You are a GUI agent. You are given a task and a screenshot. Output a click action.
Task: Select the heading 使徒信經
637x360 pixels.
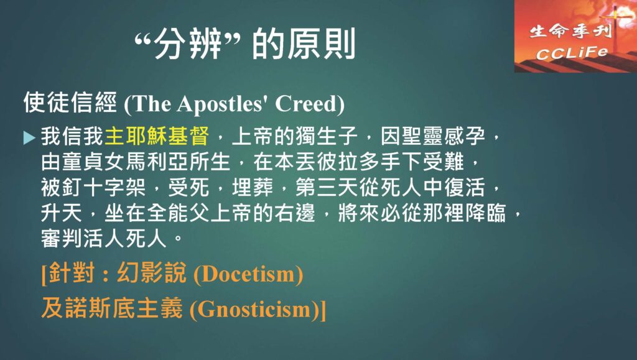pos(70,102)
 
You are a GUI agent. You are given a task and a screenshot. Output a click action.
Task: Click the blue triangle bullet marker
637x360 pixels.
pos(29,138)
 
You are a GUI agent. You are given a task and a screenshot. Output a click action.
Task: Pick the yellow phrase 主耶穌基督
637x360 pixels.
pos(157,136)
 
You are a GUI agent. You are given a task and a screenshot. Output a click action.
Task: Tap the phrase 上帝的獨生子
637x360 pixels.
pos(294,136)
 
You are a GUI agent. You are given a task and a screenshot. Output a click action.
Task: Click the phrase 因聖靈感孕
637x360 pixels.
pos(433,136)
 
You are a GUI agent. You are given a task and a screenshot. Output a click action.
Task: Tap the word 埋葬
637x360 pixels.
pos(253,187)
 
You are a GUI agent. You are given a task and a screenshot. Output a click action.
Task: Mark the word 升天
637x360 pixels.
pos(62,213)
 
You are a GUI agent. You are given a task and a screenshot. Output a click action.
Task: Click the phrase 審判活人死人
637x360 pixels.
pos(104,238)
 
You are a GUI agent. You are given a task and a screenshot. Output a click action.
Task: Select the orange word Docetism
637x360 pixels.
pos(248,274)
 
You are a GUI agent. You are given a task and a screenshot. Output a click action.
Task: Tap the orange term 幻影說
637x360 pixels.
pos(152,272)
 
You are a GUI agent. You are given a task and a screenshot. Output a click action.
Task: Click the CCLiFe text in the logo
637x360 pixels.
pos(572,53)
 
